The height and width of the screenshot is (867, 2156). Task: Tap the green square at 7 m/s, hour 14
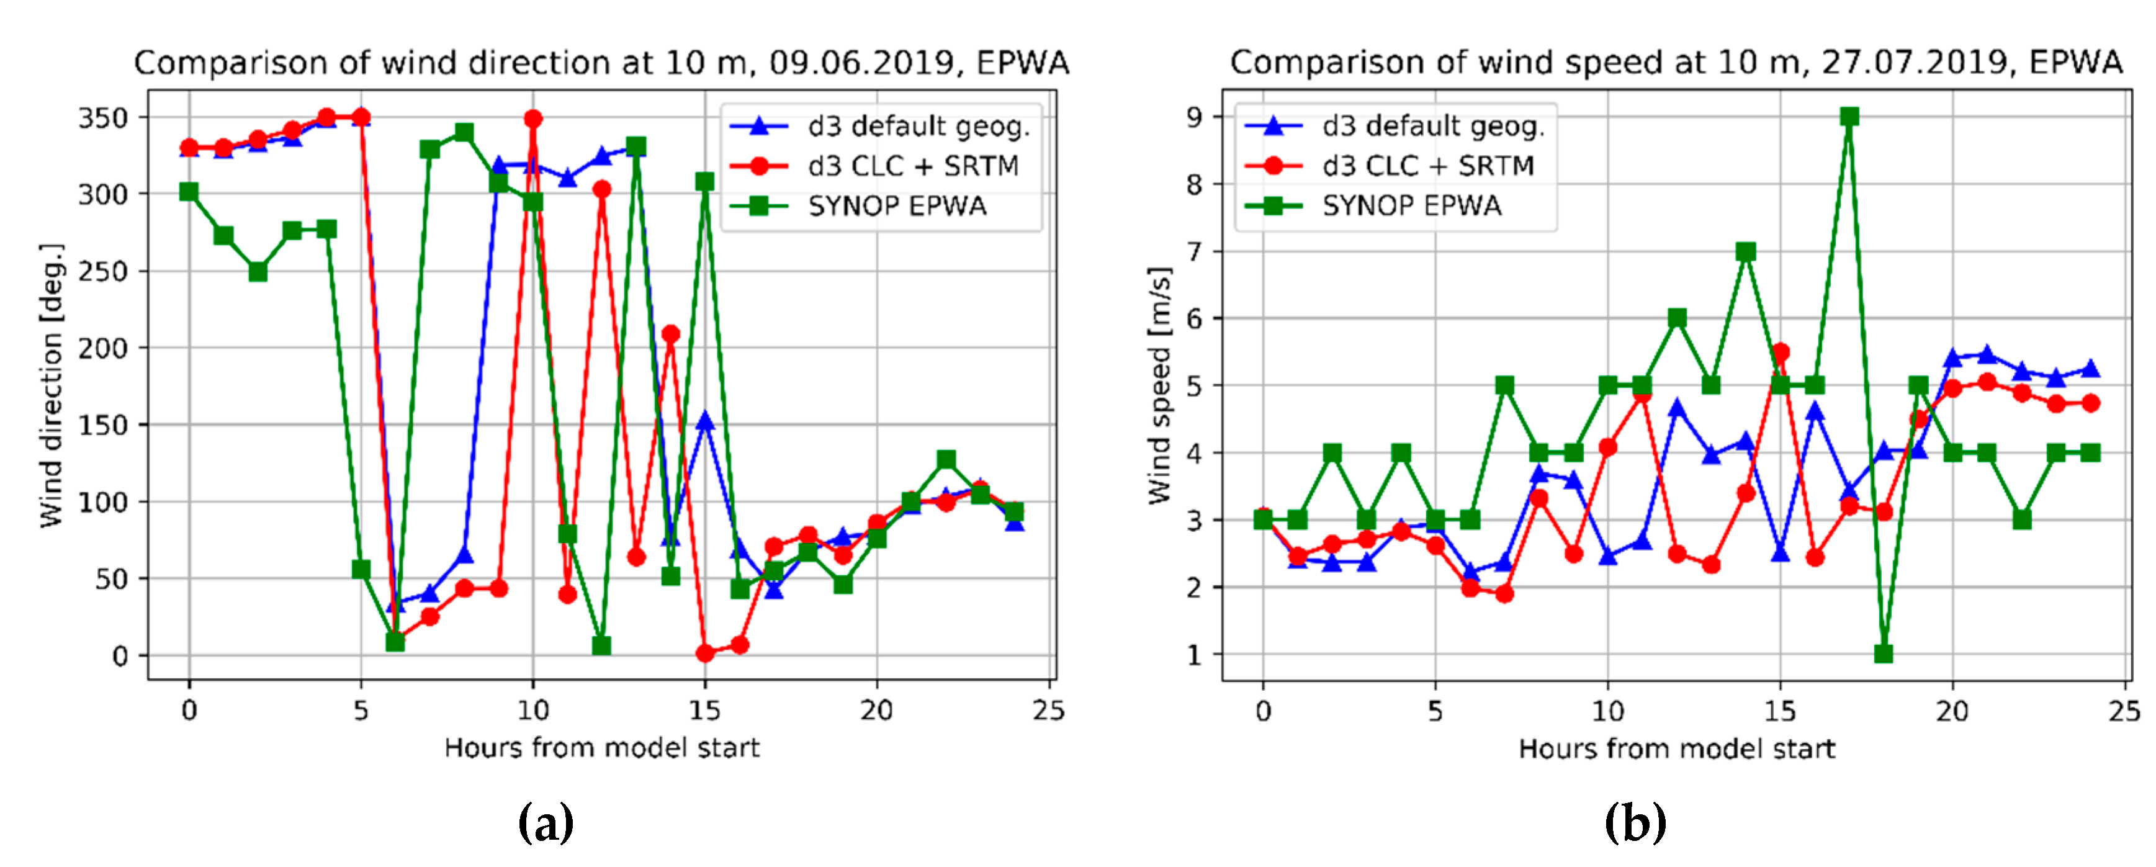pyautogui.click(x=1746, y=251)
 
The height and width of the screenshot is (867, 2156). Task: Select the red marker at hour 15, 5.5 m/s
pyautogui.click(x=1780, y=353)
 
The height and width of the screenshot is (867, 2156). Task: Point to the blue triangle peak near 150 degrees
pyautogui.click(x=706, y=421)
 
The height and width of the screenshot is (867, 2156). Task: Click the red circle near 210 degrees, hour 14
pyautogui.click(x=670, y=334)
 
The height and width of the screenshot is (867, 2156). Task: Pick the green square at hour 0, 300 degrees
pyautogui.click(x=189, y=192)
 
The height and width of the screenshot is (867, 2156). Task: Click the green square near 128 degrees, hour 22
pyautogui.click(x=946, y=459)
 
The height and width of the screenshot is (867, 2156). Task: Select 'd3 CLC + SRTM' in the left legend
pyautogui.click(x=912, y=166)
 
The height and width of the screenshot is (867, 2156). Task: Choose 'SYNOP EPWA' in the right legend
pyautogui.click(x=1411, y=206)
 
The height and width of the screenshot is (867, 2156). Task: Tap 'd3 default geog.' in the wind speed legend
pyautogui.click(x=1433, y=127)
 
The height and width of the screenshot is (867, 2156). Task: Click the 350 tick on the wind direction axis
pyautogui.click(x=103, y=118)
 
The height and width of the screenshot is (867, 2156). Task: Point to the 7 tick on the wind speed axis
pyautogui.click(x=1194, y=251)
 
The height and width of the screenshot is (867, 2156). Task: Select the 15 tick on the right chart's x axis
pyautogui.click(x=1780, y=711)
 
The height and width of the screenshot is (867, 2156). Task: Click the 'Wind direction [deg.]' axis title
pyautogui.click(x=52, y=385)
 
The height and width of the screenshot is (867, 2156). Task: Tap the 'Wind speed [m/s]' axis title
pyautogui.click(x=1159, y=385)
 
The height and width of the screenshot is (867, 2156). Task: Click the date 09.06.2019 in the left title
pyautogui.click(x=863, y=63)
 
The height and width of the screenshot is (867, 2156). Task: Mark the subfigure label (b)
pyautogui.click(x=1635, y=823)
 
